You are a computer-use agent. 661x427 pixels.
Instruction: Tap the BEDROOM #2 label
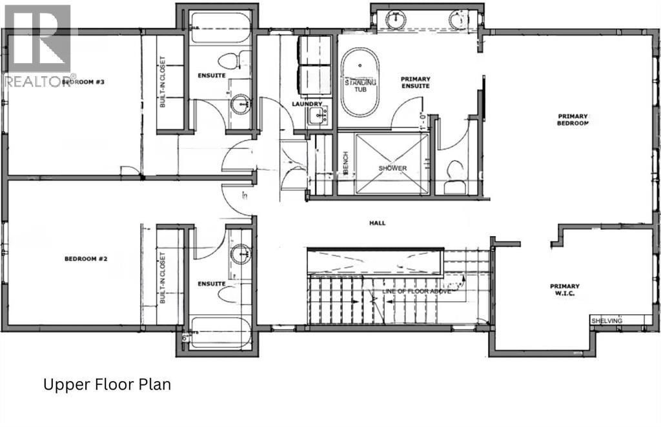click(x=85, y=259)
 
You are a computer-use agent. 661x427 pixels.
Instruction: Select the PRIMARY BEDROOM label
click(x=573, y=120)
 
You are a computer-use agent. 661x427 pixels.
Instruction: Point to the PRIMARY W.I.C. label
click(x=564, y=290)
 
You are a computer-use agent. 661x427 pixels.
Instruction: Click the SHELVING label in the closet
click(x=607, y=321)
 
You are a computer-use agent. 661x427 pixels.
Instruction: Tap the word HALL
click(x=378, y=223)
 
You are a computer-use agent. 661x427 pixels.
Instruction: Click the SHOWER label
click(x=393, y=168)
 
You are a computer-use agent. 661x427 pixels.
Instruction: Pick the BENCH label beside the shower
click(x=346, y=165)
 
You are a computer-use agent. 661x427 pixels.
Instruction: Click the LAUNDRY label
click(x=307, y=104)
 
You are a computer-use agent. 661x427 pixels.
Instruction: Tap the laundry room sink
click(x=317, y=116)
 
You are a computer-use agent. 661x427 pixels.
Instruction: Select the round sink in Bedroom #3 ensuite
click(x=241, y=103)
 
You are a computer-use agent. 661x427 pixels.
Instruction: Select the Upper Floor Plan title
click(x=107, y=385)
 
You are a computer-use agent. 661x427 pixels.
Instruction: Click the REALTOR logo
click(x=38, y=45)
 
